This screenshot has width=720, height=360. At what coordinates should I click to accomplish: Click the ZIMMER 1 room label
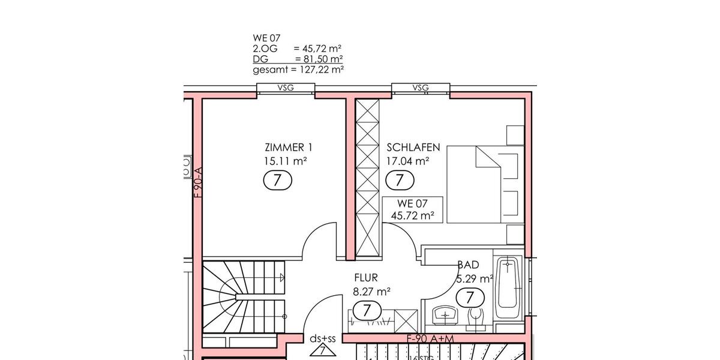coord(288,148)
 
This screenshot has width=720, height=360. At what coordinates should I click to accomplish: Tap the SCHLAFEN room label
coord(413,148)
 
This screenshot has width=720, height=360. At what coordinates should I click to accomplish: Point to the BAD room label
coord(468,265)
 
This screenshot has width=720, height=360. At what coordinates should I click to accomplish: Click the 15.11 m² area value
coord(286,161)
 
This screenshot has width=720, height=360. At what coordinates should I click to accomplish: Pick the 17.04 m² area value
coord(408,161)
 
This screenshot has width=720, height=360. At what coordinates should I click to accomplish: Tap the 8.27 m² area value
coord(372,292)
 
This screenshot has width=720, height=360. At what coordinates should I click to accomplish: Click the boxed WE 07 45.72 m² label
coord(413,209)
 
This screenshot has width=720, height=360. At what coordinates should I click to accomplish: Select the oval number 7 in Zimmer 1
coord(278,179)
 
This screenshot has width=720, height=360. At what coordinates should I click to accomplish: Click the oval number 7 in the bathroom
coord(470,297)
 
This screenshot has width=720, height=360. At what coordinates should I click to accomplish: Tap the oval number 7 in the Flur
coord(367,310)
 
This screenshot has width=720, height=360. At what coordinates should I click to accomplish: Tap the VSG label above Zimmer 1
coord(286,88)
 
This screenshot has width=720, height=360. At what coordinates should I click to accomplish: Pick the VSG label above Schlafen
coord(421,88)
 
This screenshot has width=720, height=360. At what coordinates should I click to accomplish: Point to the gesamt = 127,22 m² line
coord(298,70)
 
